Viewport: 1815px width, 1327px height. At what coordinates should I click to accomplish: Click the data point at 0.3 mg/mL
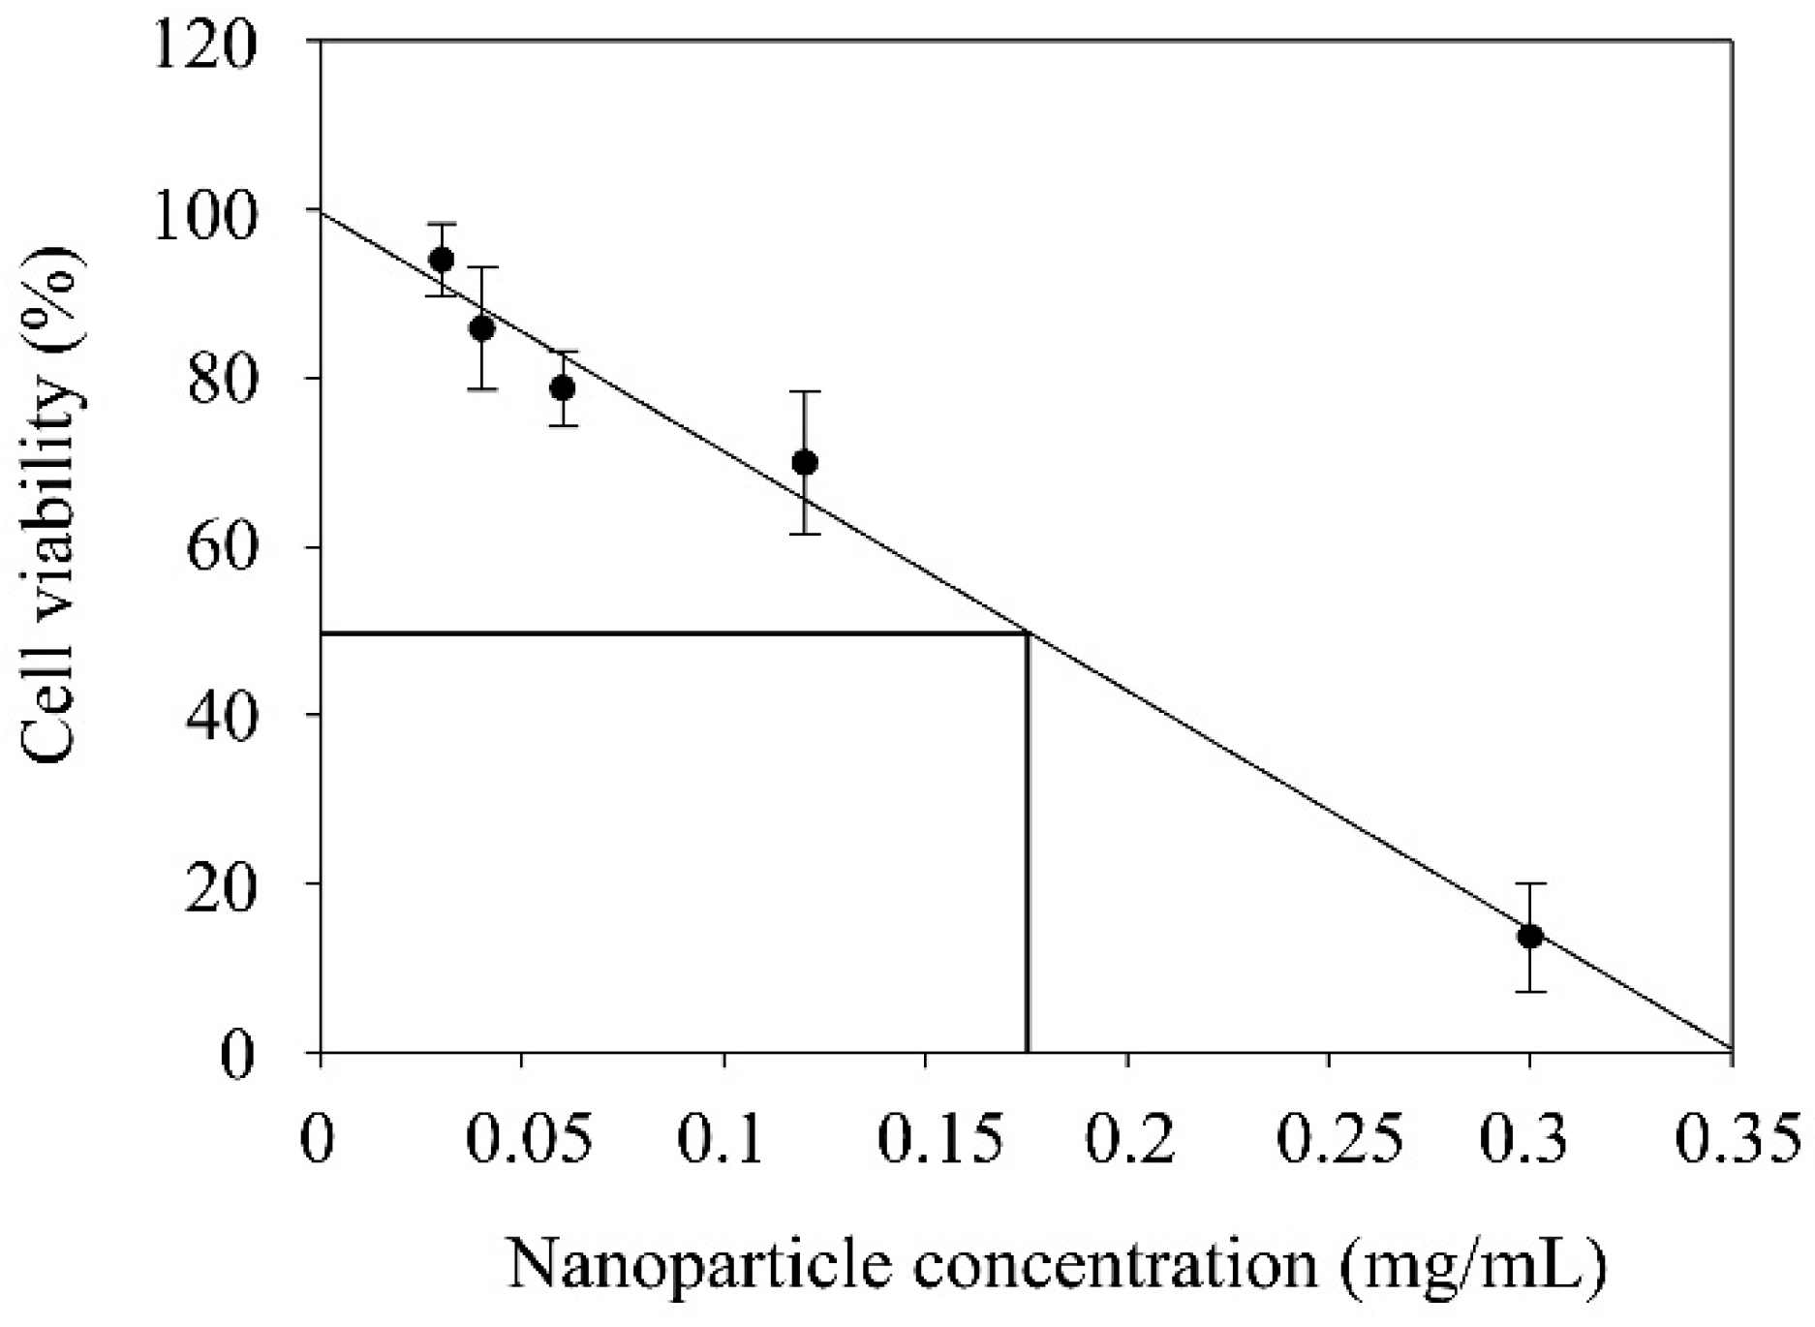[1529, 937]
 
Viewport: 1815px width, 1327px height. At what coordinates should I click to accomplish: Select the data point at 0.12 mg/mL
[804, 462]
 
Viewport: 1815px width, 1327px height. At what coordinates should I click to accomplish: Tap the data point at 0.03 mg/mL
[442, 260]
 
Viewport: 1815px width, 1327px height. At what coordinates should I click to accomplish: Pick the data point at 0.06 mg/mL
[563, 388]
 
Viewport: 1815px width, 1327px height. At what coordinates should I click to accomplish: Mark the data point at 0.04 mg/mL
[481, 328]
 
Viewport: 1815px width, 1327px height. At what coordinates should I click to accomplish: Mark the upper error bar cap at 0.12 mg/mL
[804, 391]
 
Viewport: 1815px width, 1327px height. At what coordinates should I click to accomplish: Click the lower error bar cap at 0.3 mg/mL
[1529, 991]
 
